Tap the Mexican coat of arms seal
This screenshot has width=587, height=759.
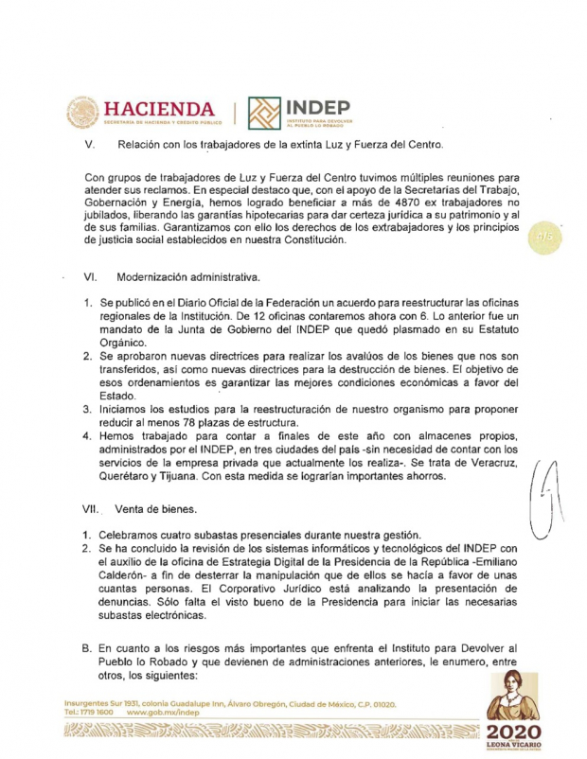82,113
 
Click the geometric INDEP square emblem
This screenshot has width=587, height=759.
264,113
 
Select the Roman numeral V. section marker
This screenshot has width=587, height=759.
90,145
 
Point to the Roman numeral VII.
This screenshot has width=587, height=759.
93,509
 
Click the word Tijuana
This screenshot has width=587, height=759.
180,476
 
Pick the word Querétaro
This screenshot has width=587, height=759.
128,476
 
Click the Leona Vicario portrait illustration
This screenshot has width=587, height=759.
512,696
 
